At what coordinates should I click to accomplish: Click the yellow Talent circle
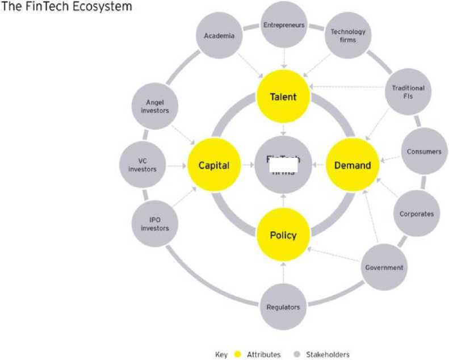pos(283,97)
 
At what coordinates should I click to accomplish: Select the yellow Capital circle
pos(214,166)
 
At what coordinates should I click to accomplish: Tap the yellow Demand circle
pos(353,166)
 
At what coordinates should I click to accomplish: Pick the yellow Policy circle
pos(283,235)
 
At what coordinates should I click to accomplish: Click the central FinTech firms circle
pos(283,166)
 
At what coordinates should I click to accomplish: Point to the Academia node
pos(219,36)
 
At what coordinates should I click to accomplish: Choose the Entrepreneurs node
pos(283,25)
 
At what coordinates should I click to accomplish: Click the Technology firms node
pos(348,36)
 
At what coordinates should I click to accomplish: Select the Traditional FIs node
pos(408,92)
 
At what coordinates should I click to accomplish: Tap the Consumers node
pos(423,152)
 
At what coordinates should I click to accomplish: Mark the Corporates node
pos(416,214)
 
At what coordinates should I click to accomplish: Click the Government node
pos(384,267)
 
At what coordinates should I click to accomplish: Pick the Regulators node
pos(283,307)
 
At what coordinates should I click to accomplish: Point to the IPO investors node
pos(155,224)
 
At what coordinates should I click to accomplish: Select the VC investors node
pos(142,165)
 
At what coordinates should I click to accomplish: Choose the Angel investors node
pos(155,106)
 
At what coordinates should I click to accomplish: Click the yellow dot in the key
pos(238,355)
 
